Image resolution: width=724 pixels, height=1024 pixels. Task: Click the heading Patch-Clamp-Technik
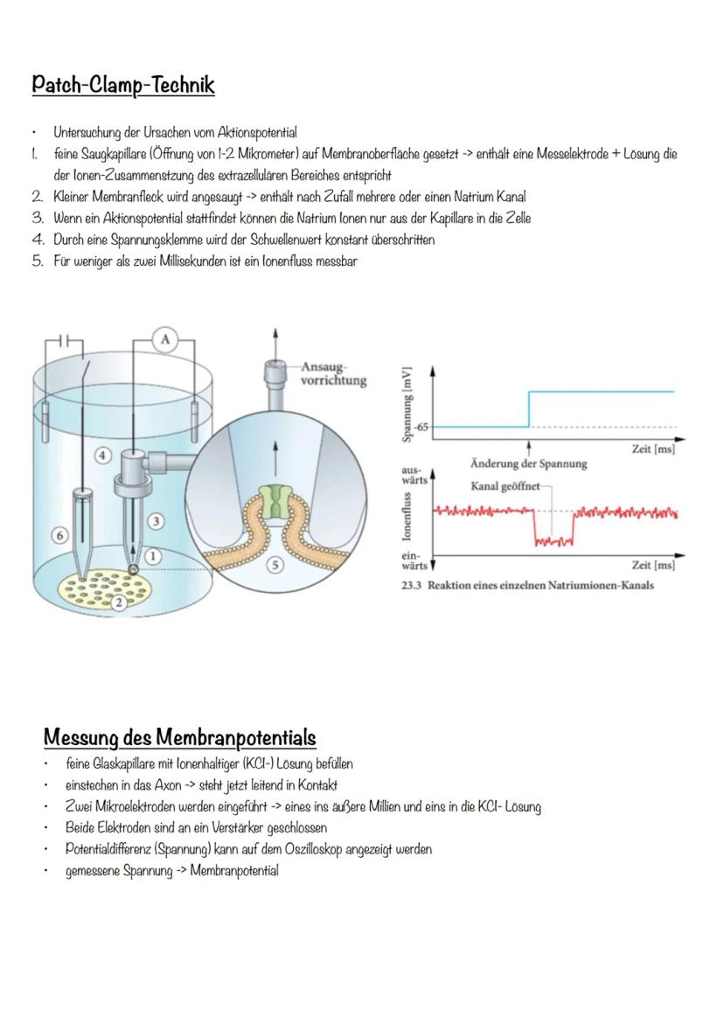tap(123, 86)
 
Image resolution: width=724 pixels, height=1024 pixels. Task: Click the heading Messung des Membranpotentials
tap(180, 736)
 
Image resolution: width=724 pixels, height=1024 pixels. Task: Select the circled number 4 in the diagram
tap(102, 455)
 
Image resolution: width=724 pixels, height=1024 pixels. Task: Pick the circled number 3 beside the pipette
tap(156, 521)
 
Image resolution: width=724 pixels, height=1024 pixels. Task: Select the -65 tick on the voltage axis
tap(423, 427)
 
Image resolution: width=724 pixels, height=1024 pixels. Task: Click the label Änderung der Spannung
tap(528, 463)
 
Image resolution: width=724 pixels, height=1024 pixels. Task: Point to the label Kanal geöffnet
tap(505, 485)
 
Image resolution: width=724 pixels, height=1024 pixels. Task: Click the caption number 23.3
tap(410, 586)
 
